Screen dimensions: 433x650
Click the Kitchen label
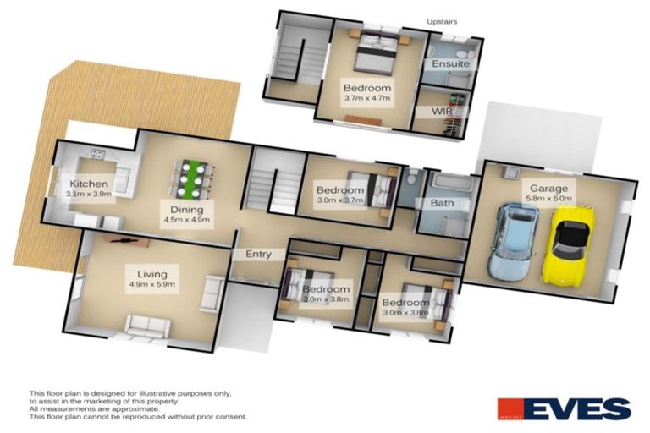pyautogui.click(x=88, y=184)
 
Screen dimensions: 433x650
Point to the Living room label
pyautogui.click(x=142, y=273)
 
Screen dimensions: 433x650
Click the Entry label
pyautogui.click(x=258, y=254)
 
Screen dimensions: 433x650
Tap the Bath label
pyautogui.click(x=441, y=203)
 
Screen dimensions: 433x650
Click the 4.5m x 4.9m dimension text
pyautogui.click(x=187, y=220)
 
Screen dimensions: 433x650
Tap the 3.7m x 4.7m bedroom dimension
pyautogui.click(x=367, y=98)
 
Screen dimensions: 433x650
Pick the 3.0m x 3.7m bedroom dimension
pyautogui.click(x=339, y=200)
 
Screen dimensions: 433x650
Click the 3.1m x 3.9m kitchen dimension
pyautogui.click(x=88, y=195)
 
